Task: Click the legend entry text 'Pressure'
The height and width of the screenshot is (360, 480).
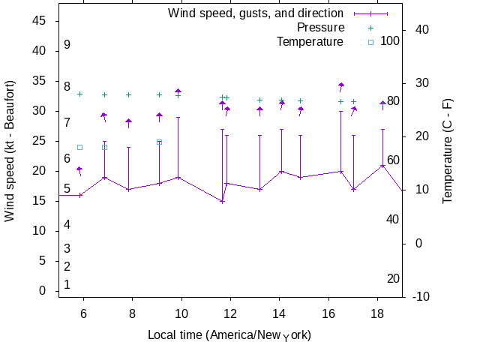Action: pos(320,28)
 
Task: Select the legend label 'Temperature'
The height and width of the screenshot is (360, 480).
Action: pos(310,41)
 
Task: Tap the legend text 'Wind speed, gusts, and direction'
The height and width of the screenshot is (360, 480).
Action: pos(256,13)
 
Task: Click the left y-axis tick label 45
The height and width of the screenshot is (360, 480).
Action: pos(40,21)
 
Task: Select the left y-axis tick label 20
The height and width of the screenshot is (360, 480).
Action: pos(40,171)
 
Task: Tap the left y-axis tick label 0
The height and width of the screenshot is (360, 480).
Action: pos(43,291)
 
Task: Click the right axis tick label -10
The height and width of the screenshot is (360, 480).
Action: pos(421,297)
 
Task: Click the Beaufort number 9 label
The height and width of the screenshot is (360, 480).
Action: pos(67,45)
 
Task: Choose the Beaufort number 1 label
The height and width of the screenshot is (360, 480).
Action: pos(67,285)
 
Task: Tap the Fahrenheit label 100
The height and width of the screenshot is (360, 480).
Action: pos(390,40)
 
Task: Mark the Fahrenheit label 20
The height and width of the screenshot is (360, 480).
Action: pos(393,279)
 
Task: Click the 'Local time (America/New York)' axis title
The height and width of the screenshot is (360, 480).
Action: pos(229,334)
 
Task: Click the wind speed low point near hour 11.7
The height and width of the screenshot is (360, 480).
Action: pos(222,201)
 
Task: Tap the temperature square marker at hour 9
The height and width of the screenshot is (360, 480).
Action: pos(159,142)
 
